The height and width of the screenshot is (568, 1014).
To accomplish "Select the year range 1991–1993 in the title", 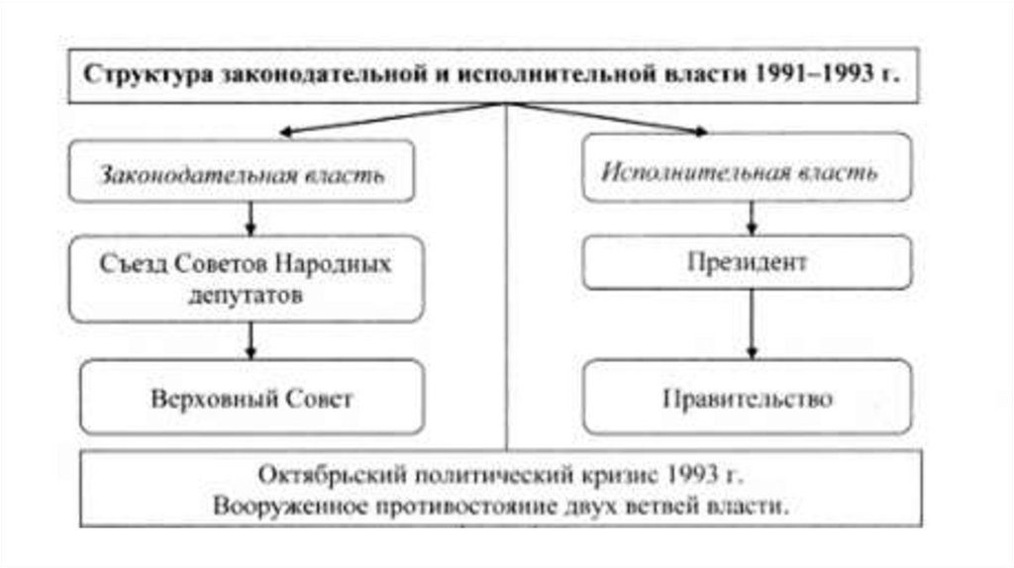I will (805, 75).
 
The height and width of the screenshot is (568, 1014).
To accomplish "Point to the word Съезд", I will (130, 265).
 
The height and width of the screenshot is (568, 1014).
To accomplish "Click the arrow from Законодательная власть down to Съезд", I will (251, 219).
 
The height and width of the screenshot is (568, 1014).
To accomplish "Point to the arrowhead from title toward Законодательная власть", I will (286, 132).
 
